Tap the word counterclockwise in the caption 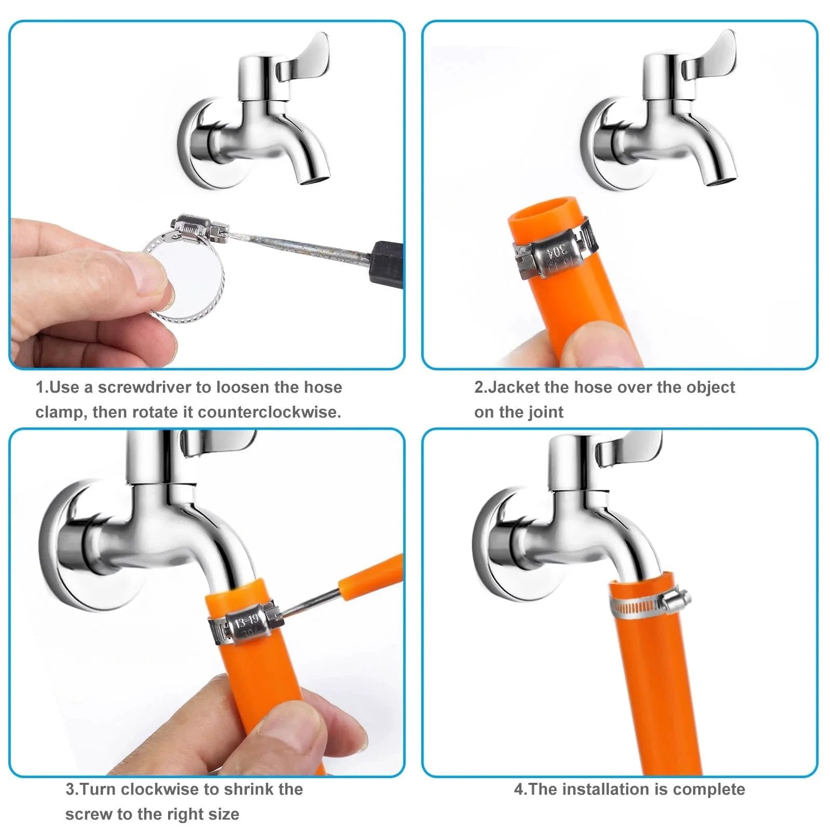point(269,412)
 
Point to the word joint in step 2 point(546,412)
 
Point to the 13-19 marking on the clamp point(246,622)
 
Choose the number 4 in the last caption point(519,790)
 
